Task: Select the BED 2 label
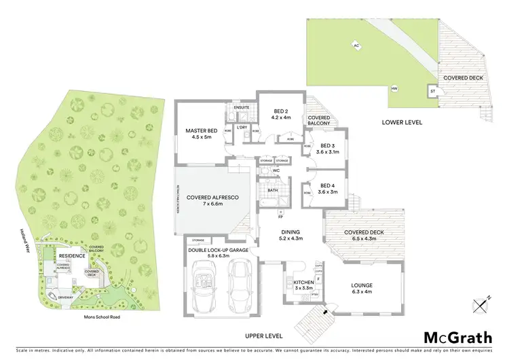[282, 114]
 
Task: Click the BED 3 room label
[328, 149]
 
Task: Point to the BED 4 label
[328, 189]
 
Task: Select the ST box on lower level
[432, 90]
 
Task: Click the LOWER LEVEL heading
[403, 122]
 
